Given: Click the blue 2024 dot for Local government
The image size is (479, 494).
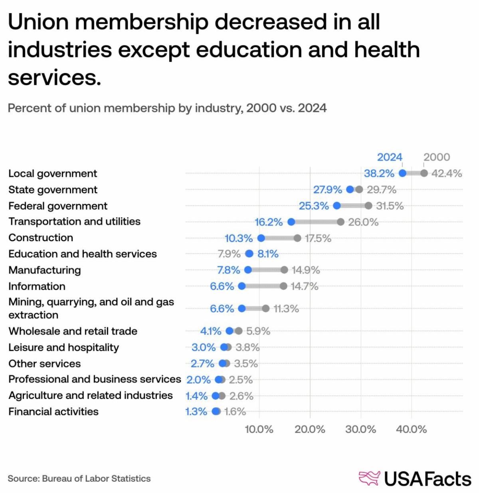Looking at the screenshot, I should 402,173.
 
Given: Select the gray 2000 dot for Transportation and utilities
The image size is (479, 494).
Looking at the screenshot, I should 340,222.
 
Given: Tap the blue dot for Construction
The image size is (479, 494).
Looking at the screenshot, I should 261,238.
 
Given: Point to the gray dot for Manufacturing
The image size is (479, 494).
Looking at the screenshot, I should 284,270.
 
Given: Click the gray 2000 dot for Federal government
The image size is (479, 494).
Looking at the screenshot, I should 368,206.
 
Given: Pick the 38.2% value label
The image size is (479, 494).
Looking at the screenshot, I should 379,173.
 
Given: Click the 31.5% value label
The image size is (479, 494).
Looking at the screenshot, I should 390,206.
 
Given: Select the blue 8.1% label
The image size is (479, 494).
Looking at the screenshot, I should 268,254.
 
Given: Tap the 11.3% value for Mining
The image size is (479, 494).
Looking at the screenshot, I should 286,309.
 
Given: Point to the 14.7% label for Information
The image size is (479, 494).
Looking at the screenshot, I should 304,286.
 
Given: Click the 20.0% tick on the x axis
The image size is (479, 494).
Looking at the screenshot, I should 310,430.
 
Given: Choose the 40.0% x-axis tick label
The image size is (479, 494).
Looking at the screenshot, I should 412,430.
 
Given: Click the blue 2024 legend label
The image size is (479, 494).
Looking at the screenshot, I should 390,157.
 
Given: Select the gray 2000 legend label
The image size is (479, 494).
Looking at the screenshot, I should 436,157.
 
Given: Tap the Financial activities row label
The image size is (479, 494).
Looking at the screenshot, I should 53,412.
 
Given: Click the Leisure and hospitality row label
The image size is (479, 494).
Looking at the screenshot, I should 63,347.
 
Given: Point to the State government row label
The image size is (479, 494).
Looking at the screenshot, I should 53,190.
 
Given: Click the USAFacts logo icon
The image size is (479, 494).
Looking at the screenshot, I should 369,478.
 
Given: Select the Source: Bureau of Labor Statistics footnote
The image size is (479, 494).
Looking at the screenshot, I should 79,478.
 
